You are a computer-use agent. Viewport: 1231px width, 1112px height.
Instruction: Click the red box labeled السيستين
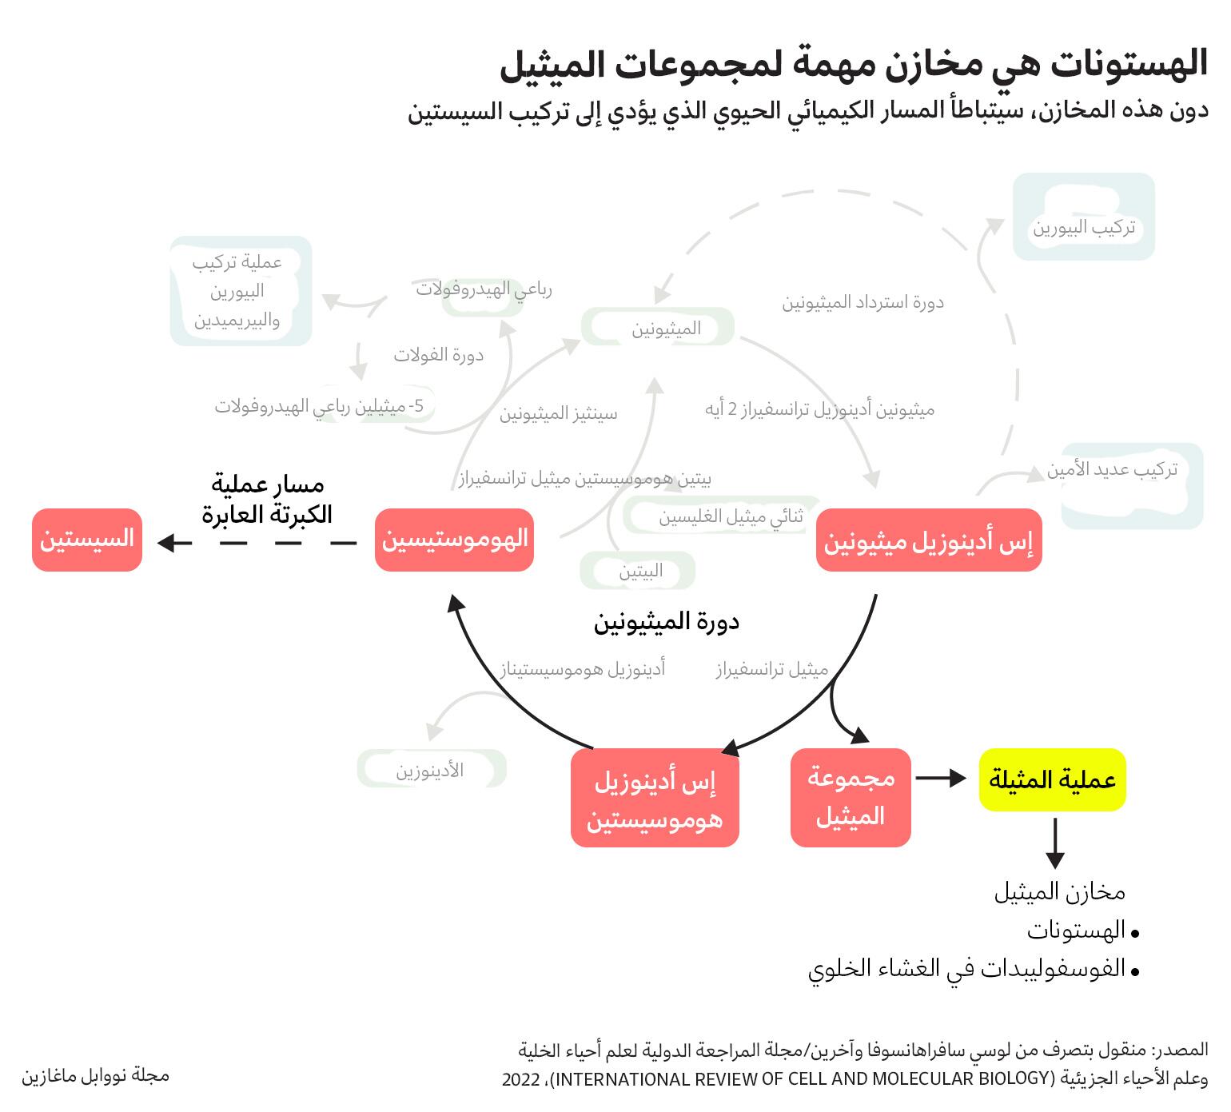(x=87, y=540)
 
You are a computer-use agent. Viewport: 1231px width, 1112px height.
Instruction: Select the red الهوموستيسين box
(x=454, y=540)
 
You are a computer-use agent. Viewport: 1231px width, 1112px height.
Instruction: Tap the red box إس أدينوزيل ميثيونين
(x=928, y=540)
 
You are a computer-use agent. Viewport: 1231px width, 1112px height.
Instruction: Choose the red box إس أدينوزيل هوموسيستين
(x=655, y=798)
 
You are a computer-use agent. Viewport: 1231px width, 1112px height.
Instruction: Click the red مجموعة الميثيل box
(x=851, y=797)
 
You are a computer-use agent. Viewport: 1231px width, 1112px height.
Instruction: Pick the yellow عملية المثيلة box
(x=1052, y=779)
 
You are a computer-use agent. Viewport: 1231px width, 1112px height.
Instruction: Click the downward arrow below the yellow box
(x=1054, y=843)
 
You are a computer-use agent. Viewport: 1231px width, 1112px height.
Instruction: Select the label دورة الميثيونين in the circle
(x=666, y=622)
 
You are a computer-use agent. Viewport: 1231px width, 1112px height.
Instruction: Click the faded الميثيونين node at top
(x=666, y=328)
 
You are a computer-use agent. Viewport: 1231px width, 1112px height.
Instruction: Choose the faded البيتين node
(x=640, y=571)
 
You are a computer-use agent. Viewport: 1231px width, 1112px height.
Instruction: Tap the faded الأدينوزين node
(x=430, y=771)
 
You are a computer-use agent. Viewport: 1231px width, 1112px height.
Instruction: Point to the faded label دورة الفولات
(x=438, y=354)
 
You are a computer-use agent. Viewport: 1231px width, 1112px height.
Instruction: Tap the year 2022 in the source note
(x=521, y=1079)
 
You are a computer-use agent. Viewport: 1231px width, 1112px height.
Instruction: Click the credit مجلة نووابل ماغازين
(x=96, y=1075)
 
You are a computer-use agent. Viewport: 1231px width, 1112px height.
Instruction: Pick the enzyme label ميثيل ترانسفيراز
(x=771, y=669)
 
